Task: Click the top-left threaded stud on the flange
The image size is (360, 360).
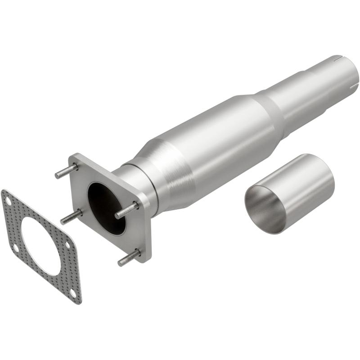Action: coord(66,171)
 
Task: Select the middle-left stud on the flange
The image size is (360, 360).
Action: coord(71,217)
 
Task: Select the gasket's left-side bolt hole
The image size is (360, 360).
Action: coord(16,247)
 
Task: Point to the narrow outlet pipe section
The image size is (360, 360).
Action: coord(315,90)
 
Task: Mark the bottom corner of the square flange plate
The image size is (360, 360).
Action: coord(145,261)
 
